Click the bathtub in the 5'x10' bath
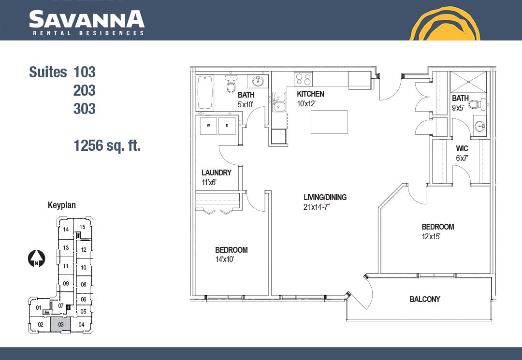pyautogui.click(x=205, y=93)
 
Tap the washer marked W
pyautogui.click(x=208, y=126)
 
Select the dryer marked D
pyautogui.click(x=227, y=126)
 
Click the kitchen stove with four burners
pyautogui.click(x=303, y=79)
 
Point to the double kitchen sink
pyautogui.click(x=279, y=102)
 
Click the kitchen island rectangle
pyautogui.click(x=329, y=122)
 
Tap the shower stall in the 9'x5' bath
pyautogui.click(x=468, y=82)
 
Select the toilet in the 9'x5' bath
pyautogui.click(x=478, y=104)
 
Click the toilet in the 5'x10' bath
pyautogui.click(x=231, y=84)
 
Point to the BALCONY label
pyautogui.click(x=425, y=299)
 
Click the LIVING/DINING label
pyautogui.click(x=325, y=197)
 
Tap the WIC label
pyautogui.click(x=462, y=148)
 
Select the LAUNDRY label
pyautogui.click(x=217, y=173)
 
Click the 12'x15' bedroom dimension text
pyautogui.click(x=431, y=237)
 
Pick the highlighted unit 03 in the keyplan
pyautogui.click(x=60, y=324)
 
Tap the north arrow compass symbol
pyautogui.click(x=36, y=259)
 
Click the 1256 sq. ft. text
pyautogui.click(x=107, y=146)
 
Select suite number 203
pyautogui.click(x=85, y=90)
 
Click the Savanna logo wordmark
pyautogui.click(x=87, y=19)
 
